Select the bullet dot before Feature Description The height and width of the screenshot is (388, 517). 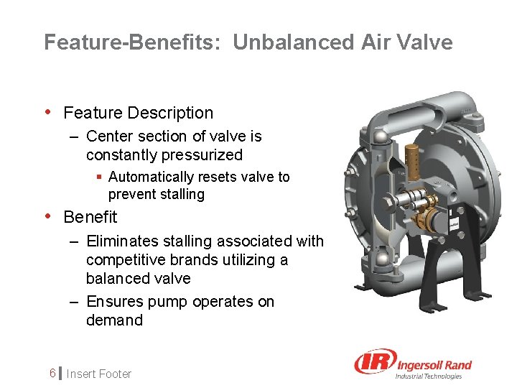tap(48, 112)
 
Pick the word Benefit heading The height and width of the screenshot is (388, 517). tap(90, 217)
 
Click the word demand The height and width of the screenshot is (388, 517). tap(114, 320)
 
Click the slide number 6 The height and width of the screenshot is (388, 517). tap(52, 374)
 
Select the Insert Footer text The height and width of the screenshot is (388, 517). tap(99, 374)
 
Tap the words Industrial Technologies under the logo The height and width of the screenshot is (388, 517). tap(429, 376)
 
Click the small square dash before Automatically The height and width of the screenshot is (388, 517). tap(100, 177)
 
